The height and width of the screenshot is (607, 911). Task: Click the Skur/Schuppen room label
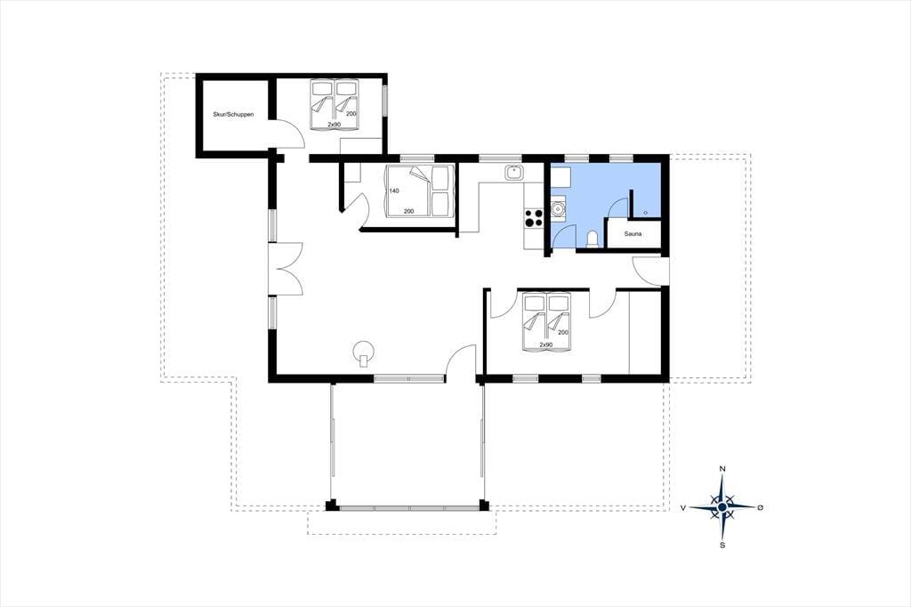point(234,115)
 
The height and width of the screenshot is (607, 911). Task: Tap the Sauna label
point(633,234)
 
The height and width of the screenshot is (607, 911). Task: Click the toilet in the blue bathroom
point(593,239)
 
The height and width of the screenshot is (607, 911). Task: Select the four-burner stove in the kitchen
point(534,217)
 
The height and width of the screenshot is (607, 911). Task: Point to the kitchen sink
point(513,172)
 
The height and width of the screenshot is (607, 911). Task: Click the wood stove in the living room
point(364,352)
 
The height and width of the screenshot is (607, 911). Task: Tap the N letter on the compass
point(722,469)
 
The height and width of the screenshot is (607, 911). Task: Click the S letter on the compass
point(722,545)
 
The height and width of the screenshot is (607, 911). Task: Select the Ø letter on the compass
point(760,507)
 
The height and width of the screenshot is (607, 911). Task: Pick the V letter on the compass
point(683,507)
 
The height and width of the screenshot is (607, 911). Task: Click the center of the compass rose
point(722,507)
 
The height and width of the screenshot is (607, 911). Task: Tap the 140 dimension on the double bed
point(394,190)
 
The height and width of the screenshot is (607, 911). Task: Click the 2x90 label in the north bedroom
point(335,125)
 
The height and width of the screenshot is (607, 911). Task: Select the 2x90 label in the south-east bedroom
point(546,344)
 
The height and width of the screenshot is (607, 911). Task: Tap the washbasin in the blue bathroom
point(557,207)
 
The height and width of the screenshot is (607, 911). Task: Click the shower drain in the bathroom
point(646,213)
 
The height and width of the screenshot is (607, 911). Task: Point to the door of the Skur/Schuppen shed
point(287,134)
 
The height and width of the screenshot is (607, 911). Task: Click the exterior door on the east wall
point(649,271)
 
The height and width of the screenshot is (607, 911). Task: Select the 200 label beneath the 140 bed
point(409,211)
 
